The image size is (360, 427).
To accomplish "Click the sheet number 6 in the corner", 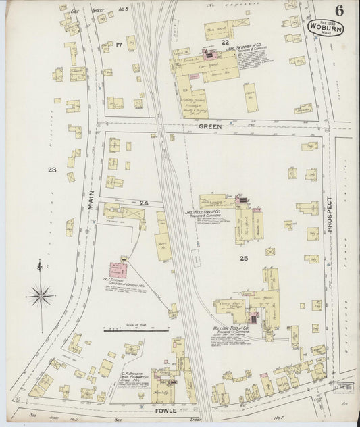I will pos(336,9).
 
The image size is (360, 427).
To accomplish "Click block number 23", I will pos(51,170).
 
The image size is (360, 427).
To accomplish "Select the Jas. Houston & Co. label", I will pos(204,211).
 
